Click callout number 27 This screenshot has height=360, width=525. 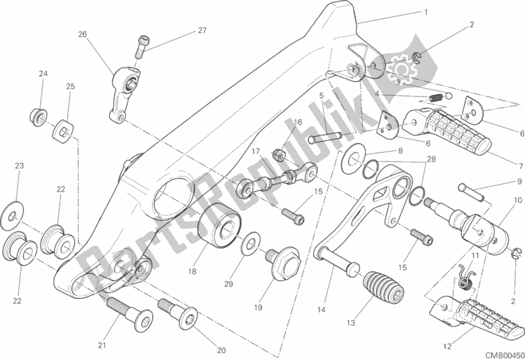point(202,30)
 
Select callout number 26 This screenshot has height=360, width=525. point(83,34)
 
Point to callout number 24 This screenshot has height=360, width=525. point(43,74)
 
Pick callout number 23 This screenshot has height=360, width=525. point(19,166)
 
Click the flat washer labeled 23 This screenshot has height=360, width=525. point(12,216)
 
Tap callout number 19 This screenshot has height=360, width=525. point(258,307)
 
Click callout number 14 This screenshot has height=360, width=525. point(321,310)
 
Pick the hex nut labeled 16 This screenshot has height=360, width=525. point(279,155)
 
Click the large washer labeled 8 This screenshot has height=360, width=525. point(354,158)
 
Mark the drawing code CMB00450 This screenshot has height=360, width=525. point(505,355)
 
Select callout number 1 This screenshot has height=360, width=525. point(426,12)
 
